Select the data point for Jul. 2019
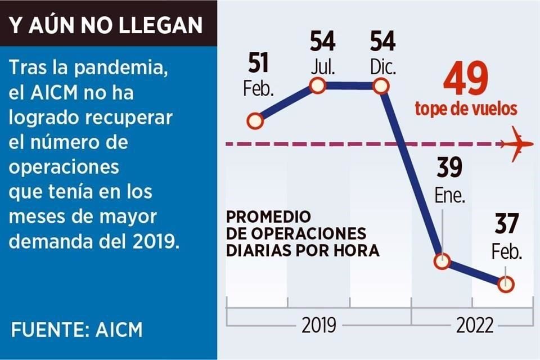(x=318, y=86)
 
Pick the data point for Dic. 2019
(x=381, y=86)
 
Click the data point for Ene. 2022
(x=443, y=261)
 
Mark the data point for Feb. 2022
(x=506, y=285)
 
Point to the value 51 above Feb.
(x=258, y=65)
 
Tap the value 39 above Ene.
(x=449, y=168)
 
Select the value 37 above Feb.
(x=508, y=225)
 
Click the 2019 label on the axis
(x=319, y=326)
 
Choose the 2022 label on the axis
(x=475, y=326)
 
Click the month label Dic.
(x=383, y=68)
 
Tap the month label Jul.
(x=322, y=68)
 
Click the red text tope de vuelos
(x=466, y=109)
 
